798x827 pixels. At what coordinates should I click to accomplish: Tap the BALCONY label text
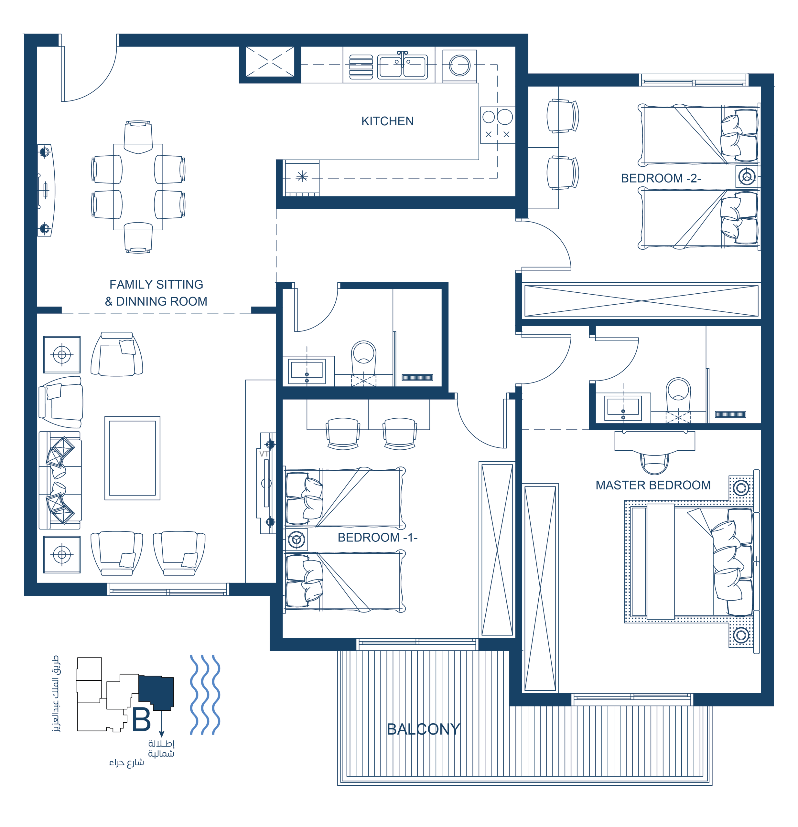(424, 729)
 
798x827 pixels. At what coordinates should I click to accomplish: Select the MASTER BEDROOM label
(653, 485)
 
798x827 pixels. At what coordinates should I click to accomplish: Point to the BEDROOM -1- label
(377, 538)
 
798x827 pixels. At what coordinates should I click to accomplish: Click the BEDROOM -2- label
(661, 178)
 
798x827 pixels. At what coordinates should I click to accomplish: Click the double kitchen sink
(402, 65)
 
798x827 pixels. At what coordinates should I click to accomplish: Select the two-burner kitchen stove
(497, 125)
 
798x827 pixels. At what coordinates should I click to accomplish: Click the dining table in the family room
(138, 187)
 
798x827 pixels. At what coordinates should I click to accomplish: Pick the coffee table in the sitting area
(133, 458)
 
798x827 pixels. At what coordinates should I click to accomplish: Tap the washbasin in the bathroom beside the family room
(307, 371)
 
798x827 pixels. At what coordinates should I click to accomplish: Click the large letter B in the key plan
(141, 719)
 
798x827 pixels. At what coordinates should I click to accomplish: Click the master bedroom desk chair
(654, 463)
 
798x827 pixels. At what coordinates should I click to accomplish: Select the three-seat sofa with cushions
(60, 480)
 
